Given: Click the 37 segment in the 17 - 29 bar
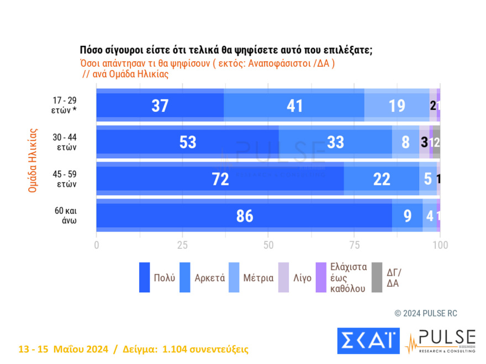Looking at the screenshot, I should pyautogui.click(x=160, y=105).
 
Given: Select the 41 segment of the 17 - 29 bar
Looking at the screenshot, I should pyautogui.click(x=294, y=105).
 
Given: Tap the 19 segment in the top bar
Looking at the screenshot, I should pyautogui.click(x=397, y=105).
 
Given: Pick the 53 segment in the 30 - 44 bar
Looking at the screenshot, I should pyautogui.click(x=188, y=142).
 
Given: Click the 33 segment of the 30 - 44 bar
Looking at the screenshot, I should pyautogui.click(x=335, y=142).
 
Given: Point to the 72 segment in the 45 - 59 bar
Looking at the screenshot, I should pyautogui.click(x=220, y=179).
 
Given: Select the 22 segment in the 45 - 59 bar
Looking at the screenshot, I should pyautogui.click(x=381, y=179).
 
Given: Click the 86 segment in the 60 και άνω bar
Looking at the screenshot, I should pyautogui.click(x=244, y=216).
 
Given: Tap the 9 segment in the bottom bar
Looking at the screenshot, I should pyautogui.click(x=407, y=216).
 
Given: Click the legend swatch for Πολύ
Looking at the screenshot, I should pyautogui.click(x=145, y=277).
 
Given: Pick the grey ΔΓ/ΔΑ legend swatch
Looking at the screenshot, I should pyautogui.click(x=377, y=277).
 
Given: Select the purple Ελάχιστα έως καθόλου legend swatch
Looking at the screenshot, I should pyautogui.click(x=320, y=277).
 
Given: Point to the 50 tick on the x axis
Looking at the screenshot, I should pyautogui.click(x=268, y=244).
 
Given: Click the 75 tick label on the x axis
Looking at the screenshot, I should pyautogui.click(x=354, y=244).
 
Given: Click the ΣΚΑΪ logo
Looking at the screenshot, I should pyautogui.click(x=368, y=341).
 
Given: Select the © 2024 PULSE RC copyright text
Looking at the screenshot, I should pyautogui.click(x=426, y=313).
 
